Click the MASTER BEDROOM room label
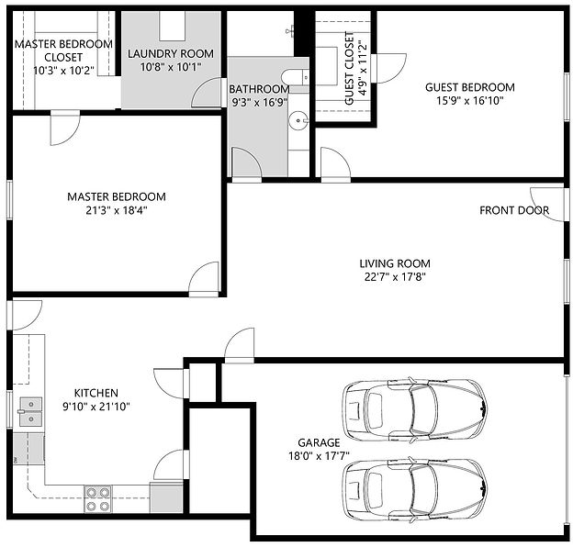pyautogui.click(x=116, y=196)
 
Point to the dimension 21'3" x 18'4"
pyautogui.click(x=116, y=210)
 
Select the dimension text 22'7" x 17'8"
pyautogui.click(x=394, y=275)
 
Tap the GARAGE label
pyautogui.click(x=319, y=441)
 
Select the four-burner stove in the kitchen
pyautogui.click(x=98, y=498)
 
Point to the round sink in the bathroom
pyautogui.click(x=298, y=119)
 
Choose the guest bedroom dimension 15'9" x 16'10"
pyautogui.click(x=469, y=101)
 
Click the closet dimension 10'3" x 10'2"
pyautogui.click(x=62, y=70)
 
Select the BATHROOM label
pyautogui.click(x=259, y=89)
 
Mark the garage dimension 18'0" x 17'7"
pyautogui.click(x=319, y=455)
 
